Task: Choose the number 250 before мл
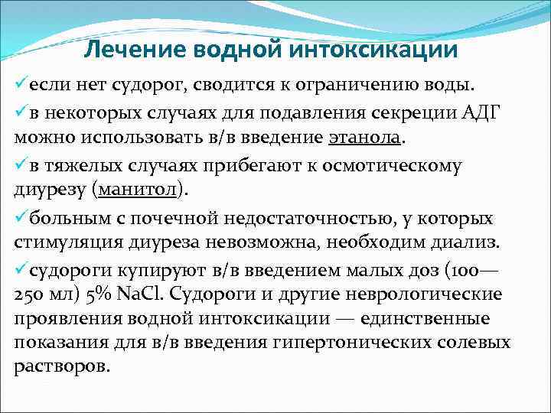click(x=33, y=294)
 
